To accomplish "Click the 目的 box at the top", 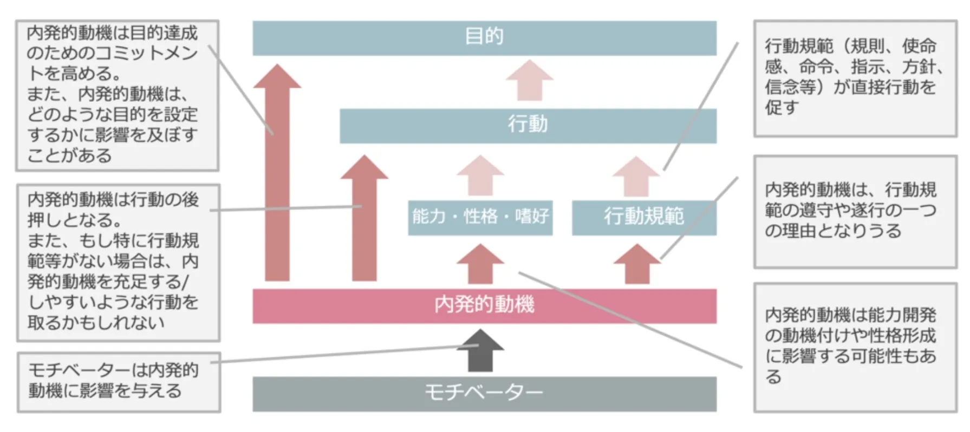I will [484, 38].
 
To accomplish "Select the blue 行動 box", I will [528, 126].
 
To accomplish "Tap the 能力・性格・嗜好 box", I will [480, 217].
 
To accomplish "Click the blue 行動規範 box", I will [643, 217].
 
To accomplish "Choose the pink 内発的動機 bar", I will [484, 306].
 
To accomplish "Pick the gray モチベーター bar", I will [484, 394].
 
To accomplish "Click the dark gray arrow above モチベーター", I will [480, 352].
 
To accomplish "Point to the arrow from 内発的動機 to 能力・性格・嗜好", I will [480, 264].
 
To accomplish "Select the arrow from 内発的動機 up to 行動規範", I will [637, 264].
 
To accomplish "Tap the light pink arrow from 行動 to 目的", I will [529, 81].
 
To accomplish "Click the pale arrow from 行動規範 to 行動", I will [636, 176].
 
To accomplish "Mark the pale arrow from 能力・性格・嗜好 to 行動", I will [480, 176].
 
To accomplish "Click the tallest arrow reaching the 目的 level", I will [277, 173].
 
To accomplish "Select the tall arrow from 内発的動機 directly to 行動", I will [364, 219].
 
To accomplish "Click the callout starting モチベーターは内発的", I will [119, 382].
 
